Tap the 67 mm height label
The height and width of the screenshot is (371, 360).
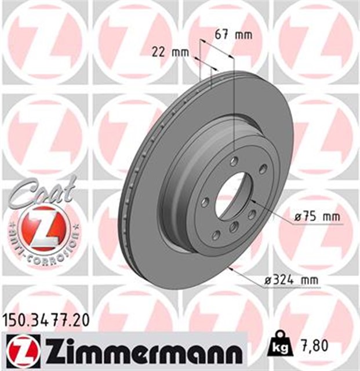233,34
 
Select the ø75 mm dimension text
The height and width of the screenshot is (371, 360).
316,217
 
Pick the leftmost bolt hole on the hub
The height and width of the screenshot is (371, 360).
206,202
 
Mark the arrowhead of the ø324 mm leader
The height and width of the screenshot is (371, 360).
231,268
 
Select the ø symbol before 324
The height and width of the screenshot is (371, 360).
268,281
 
